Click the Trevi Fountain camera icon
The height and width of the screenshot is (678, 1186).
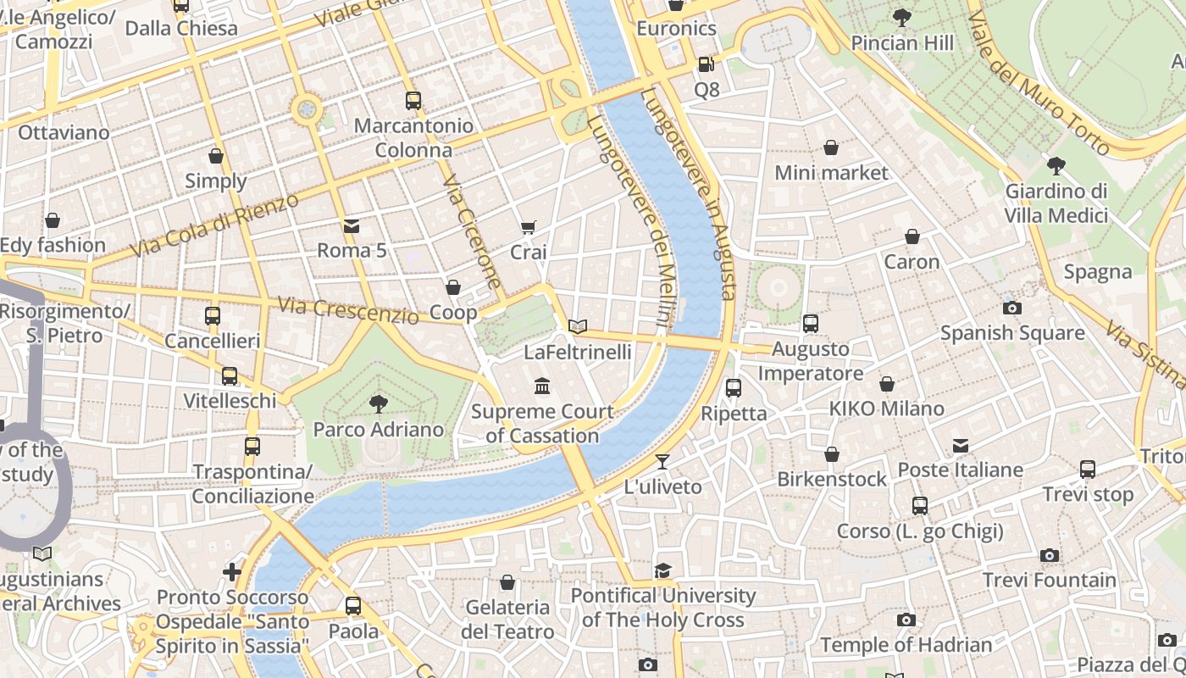click(x=1050, y=556)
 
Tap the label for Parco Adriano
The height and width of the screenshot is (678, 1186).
click(x=379, y=430)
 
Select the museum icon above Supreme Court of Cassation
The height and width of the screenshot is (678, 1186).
click(x=542, y=387)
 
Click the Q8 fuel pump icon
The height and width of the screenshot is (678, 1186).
click(x=706, y=64)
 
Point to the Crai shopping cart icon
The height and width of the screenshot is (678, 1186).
click(x=528, y=227)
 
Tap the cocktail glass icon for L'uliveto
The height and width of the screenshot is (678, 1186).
click(x=662, y=462)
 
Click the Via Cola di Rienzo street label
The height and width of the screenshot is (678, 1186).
click(x=215, y=226)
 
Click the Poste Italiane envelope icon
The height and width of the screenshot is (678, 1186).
click(x=961, y=446)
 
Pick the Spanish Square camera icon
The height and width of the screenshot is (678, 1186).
click(x=1011, y=308)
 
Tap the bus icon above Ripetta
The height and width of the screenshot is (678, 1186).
click(x=734, y=388)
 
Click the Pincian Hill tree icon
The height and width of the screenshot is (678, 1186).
click(x=902, y=17)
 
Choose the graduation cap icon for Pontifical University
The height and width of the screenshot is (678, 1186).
click(x=662, y=571)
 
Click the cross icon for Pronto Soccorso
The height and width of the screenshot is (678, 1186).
click(x=231, y=572)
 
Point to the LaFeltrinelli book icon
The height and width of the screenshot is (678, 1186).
click(x=578, y=326)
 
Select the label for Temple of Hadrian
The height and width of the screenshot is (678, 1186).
click(x=906, y=645)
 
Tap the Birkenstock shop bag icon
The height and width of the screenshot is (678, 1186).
click(x=832, y=455)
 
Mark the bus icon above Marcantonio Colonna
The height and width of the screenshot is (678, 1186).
click(x=413, y=101)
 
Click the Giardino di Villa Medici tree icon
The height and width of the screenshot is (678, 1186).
click(x=1056, y=166)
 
